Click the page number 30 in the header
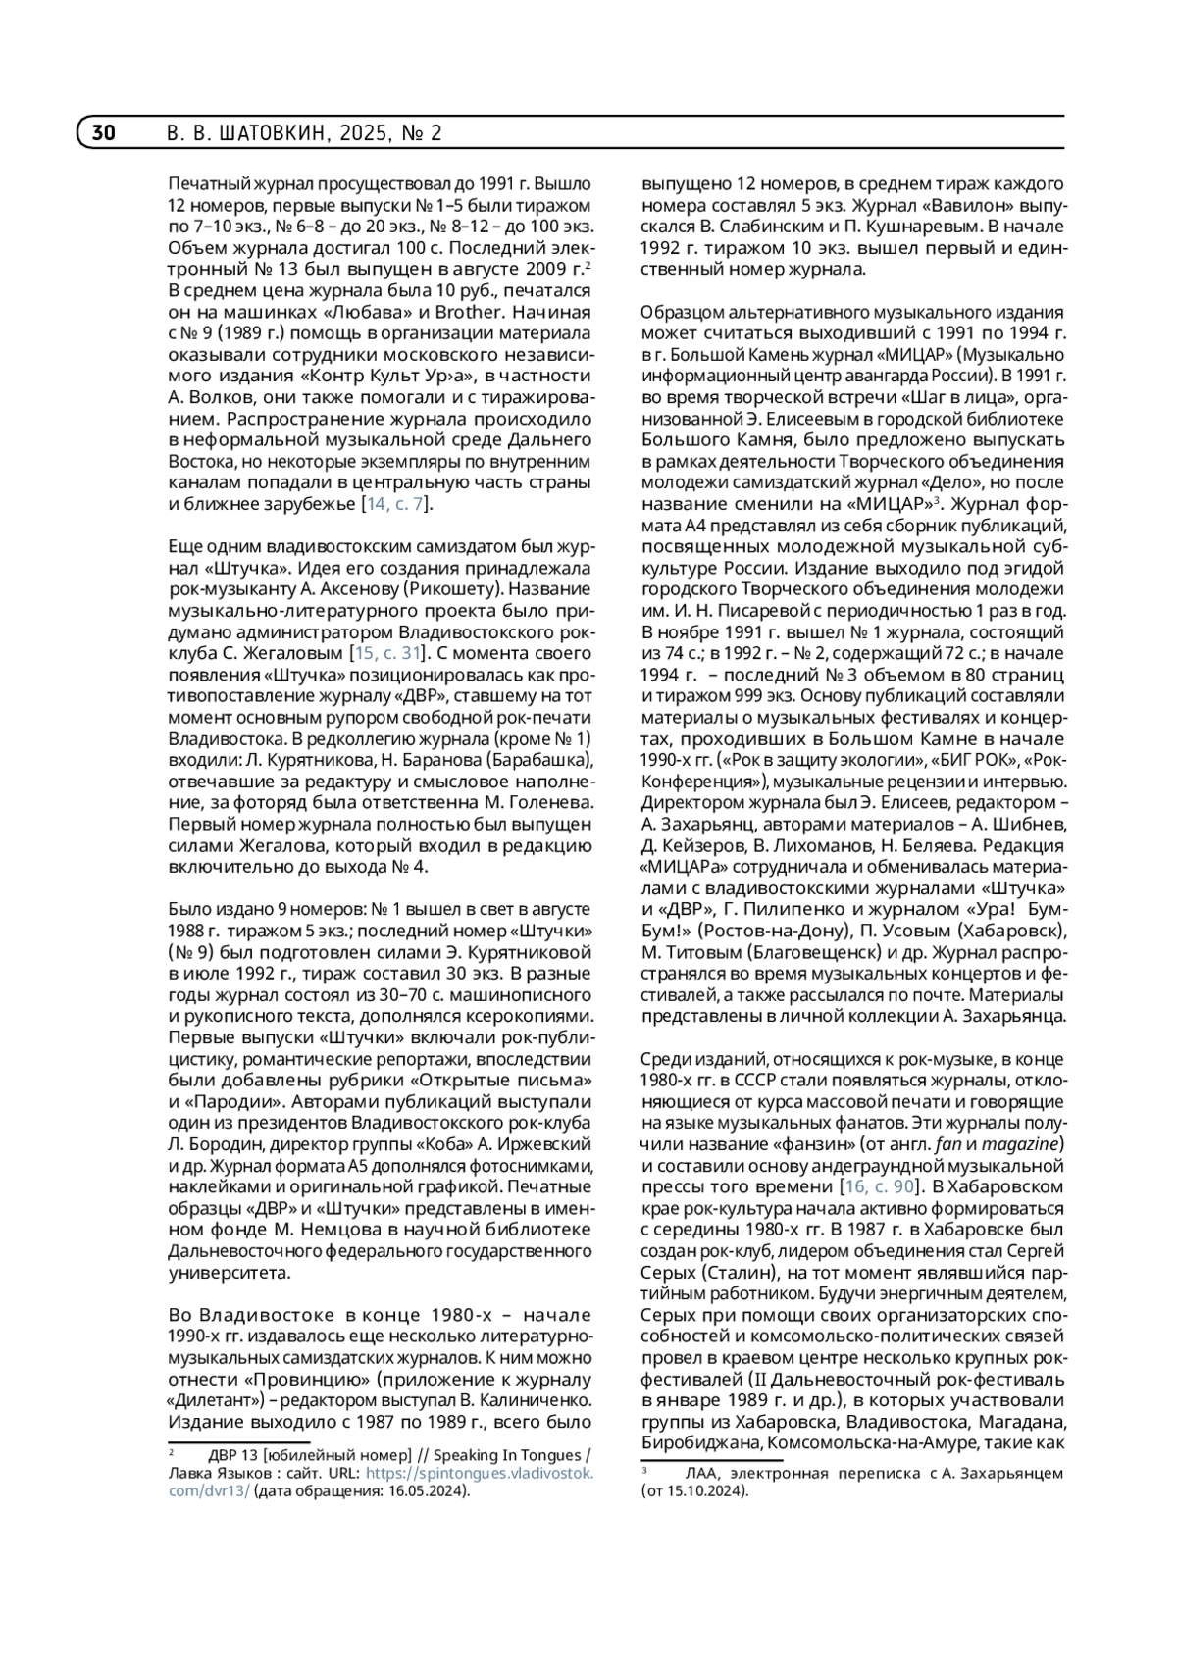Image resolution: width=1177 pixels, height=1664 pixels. (104, 133)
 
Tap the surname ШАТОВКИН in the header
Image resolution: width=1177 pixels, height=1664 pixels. (270, 133)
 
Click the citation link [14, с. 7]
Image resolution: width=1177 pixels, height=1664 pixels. (397, 504)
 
